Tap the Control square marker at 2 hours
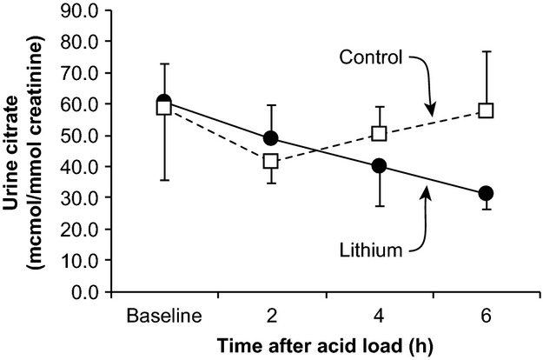(271, 161)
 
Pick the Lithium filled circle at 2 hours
(271, 138)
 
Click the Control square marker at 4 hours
(379, 133)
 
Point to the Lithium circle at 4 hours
(379, 166)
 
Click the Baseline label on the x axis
(163, 313)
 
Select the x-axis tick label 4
(379, 313)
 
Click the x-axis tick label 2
(271, 313)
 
